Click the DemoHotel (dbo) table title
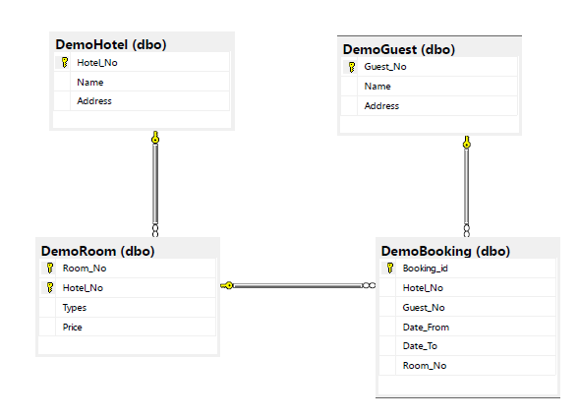[111, 44]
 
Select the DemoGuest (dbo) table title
[399, 49]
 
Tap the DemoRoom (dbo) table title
[98, 251]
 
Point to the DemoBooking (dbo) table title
[445, 251]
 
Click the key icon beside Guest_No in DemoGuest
[352, 67]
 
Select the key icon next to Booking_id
[390, 269]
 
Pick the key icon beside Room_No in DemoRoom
[50, 269]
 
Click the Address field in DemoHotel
[94, 101]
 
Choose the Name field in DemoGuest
[377, 87]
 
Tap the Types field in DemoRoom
[75, 308]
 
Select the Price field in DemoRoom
[73, 327]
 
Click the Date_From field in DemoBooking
[426, 327]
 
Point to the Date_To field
[420, 346]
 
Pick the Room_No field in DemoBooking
[425, 366]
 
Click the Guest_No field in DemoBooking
[424, 308]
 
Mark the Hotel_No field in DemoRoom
[83, 288]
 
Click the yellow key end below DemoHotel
[155, 137]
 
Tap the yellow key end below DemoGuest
[467, 142]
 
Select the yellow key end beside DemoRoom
[227, 285]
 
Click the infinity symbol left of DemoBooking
[370, 285]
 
